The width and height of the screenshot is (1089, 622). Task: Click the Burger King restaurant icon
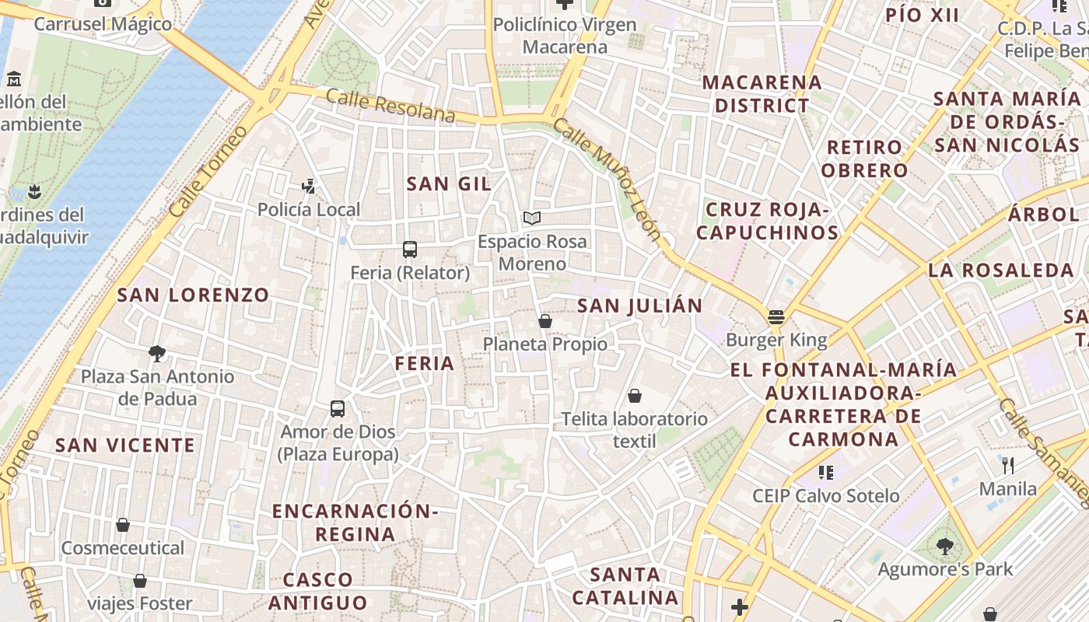pos(776,316)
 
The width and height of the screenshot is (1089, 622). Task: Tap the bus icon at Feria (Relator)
pos(410,250)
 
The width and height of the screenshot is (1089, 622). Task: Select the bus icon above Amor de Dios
pos(338,408)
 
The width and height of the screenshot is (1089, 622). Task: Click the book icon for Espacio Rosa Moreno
pos(532,218)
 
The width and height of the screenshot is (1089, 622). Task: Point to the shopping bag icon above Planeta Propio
pos(545,320)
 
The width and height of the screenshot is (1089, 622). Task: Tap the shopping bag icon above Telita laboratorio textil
pos(635,396)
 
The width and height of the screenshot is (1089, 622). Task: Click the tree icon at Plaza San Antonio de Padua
pos(157,354)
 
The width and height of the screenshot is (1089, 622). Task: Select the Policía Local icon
pos(309,186)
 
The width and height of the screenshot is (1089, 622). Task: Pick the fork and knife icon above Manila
pos(1008,465)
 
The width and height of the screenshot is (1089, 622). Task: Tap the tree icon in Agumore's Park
pos(945,546)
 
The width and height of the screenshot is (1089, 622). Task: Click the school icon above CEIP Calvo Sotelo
pos(826,472)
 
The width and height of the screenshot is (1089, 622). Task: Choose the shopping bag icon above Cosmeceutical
pos(123,525)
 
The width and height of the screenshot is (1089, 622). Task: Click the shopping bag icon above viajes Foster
pos(140,580)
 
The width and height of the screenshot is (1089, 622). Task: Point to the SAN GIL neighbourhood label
pos(449,183)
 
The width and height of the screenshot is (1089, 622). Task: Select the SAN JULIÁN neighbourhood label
pos(640,306)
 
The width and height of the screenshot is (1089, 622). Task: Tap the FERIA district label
pos(424,363)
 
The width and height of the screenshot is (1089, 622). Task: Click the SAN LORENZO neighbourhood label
pos(193,295)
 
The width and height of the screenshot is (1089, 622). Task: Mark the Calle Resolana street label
pos(390,106)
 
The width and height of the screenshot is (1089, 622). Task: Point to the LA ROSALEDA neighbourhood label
pos(1000,271)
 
